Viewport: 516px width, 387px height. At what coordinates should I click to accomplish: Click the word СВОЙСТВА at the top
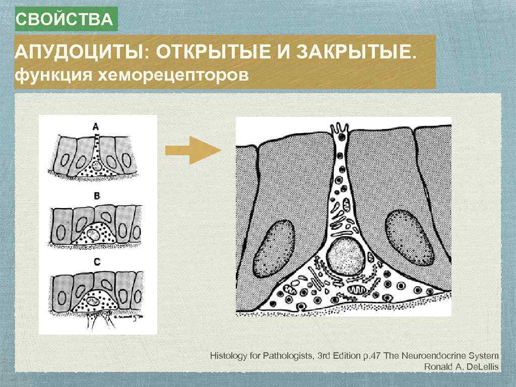coord(64,20)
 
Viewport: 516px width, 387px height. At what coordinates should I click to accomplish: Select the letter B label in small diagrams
coord(97,196)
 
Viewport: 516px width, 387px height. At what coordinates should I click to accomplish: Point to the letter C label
coord(97,262)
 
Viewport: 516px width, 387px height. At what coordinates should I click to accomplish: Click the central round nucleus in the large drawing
coord(345,256)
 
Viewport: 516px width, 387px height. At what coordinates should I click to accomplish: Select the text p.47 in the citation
coord(372,356)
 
